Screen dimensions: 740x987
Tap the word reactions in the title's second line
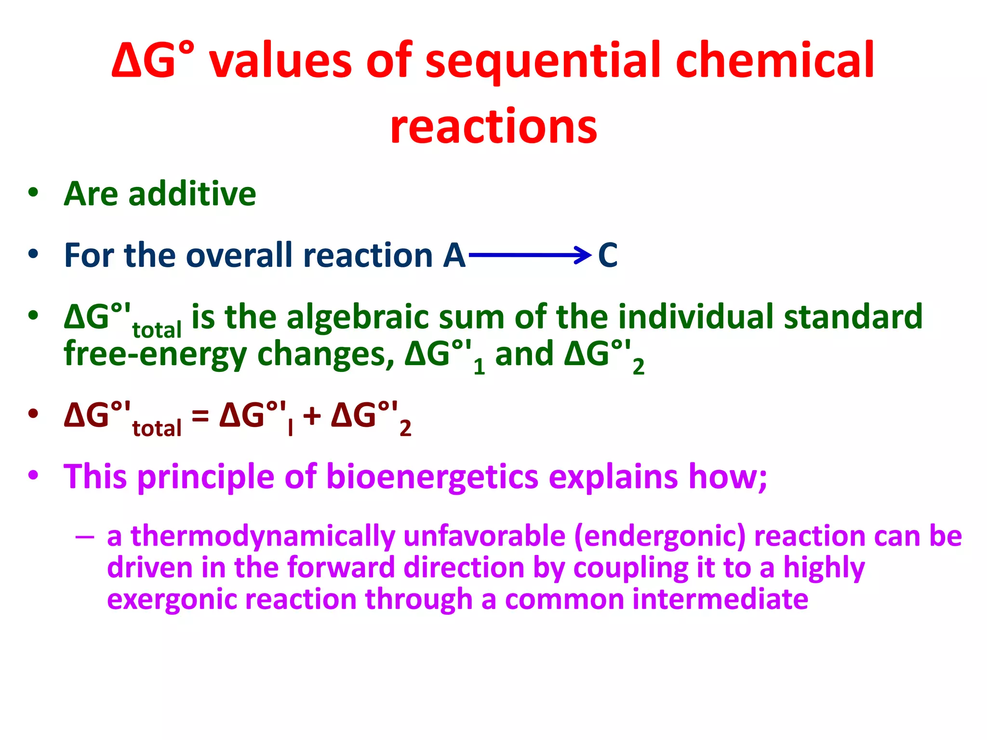[x=493, y=127]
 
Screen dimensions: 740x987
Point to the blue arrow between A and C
[x=530, y=254]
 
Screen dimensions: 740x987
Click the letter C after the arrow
[x=607, y=255]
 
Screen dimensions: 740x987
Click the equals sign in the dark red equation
[x=200, y=415]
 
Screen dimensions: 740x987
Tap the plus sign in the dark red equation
[x=312, y=415]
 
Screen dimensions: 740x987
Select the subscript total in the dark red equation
[x=157, y=428]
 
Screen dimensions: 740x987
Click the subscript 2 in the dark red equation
[x=405, y=428]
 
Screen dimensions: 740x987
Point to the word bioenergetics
[x=432, y=476]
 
